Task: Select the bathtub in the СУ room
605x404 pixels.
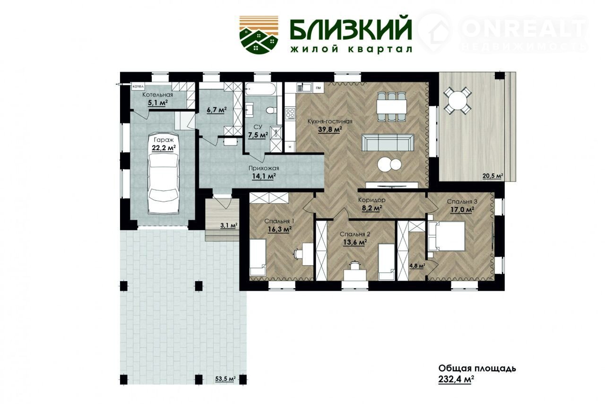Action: pyautogui.click(x=260, y=89)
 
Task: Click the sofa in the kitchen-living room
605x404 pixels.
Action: pyautogui.click(x=388, y=143)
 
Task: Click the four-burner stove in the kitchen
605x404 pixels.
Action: pyautogui.click(x=291, y=114)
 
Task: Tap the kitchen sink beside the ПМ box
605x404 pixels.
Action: pyautogui.click(x=304, y=87)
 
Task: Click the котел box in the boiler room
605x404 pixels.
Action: pyautogui.click(x=138, y=86)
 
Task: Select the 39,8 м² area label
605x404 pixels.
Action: pyautogui.click(x=330, y=129)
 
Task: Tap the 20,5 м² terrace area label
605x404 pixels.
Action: pyautogui.click(x=493, y=176)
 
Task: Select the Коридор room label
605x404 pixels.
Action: pyautogui.click(x=372, y=200)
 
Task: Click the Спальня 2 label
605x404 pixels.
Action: pyautogui.click(x=355, y=234)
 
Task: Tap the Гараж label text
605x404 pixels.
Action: pyautogui.click(x=164, y=140)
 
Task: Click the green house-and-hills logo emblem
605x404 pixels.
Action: pyautogui.click(x=259, y=34)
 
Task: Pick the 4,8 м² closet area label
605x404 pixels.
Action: pyautogui.click(x=417, y=266)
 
